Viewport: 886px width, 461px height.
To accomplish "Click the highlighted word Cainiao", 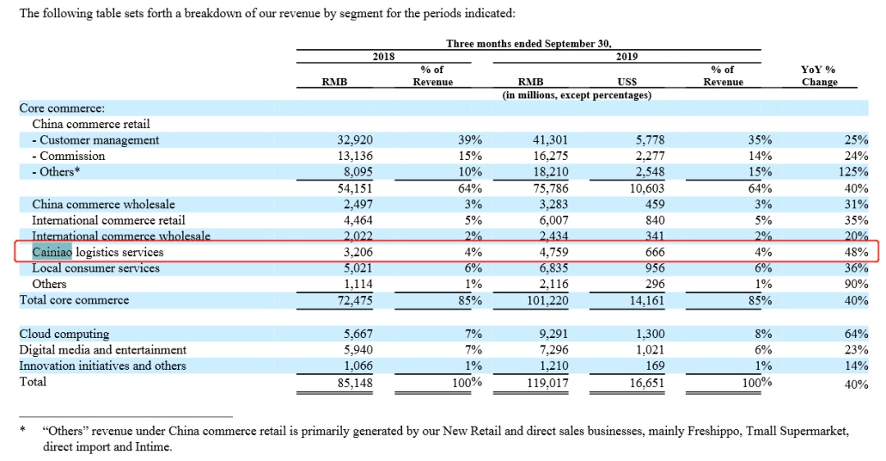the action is coord(52,252).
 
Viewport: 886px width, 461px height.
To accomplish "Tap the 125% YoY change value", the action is coord(853,171).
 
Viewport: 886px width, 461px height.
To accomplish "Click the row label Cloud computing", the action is coord(65,334).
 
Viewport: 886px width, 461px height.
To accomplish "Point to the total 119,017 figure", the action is coord(547,383).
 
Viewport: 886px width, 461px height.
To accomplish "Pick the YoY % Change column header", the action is coord(819,75).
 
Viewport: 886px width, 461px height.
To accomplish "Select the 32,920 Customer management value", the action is coord(355,139).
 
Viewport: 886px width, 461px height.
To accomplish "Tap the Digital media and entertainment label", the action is coord(103,349).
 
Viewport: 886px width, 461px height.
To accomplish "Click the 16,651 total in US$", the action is coord(647,383).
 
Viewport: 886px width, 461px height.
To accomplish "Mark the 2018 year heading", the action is coord(384,57).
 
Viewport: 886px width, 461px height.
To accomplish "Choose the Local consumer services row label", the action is coord(95,267).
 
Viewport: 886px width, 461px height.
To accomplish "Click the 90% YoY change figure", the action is coord(856,284).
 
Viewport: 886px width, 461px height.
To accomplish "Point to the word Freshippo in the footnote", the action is coord(714,431).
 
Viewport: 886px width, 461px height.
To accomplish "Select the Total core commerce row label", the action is coord(74,300).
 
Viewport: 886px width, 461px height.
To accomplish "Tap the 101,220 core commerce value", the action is coord(547,300).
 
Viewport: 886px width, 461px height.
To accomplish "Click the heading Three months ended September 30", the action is coord(529,43).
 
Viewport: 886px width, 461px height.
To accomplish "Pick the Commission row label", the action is coord(68,156).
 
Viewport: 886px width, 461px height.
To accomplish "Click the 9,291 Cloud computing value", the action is coord(553,334).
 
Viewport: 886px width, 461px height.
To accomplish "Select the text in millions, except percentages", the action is coord(577,95).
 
